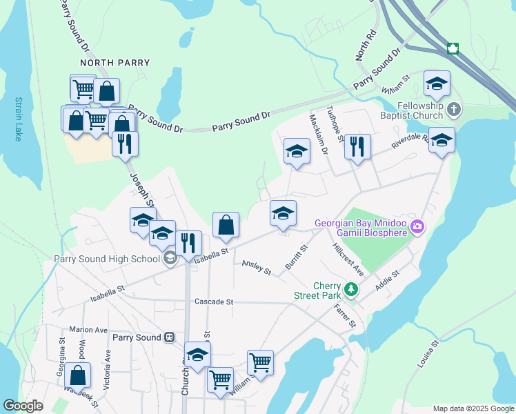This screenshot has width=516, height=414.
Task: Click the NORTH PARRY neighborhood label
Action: (115, 63)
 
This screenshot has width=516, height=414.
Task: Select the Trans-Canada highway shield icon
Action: (453, 48)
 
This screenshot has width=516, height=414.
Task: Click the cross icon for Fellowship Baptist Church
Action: (453, 109)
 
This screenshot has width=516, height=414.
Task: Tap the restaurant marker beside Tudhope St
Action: (357, 147)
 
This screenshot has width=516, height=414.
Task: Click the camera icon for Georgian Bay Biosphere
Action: (417, 226)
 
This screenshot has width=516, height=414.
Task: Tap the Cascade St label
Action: (214, 302)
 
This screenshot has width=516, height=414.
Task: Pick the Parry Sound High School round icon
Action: (169, 259)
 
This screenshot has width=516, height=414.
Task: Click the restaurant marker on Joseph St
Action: (125, 145)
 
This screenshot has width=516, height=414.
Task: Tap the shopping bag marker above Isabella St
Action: (226, 225)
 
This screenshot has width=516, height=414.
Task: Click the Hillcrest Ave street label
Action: (348, 259)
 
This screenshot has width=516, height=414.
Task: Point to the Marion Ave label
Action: (88, 330)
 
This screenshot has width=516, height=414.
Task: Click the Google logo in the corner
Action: (23, 406)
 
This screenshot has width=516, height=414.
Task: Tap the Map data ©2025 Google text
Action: (473, 408)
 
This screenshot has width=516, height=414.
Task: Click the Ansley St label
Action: (257, 268)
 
